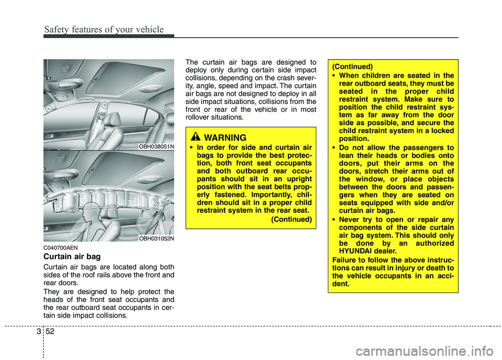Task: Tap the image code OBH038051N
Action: (x=156, y=147)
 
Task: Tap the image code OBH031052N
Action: (x=156, y=238)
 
